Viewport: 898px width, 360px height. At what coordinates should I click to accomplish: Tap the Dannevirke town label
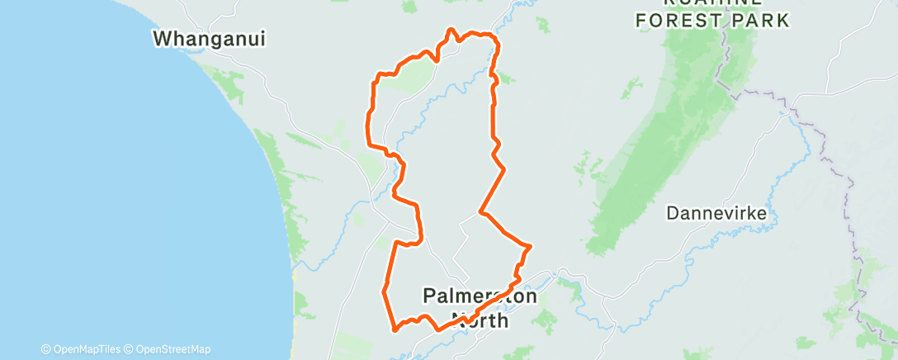717,214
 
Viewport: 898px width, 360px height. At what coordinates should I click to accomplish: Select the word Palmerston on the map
480,296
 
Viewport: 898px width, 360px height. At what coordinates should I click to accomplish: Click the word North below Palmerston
481,319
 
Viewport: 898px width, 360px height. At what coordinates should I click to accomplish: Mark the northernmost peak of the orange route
450,30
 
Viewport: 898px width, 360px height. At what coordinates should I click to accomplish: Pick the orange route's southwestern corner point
395,329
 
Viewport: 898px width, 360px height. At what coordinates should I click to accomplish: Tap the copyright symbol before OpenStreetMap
129,349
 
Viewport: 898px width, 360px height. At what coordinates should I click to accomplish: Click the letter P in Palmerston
428,296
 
